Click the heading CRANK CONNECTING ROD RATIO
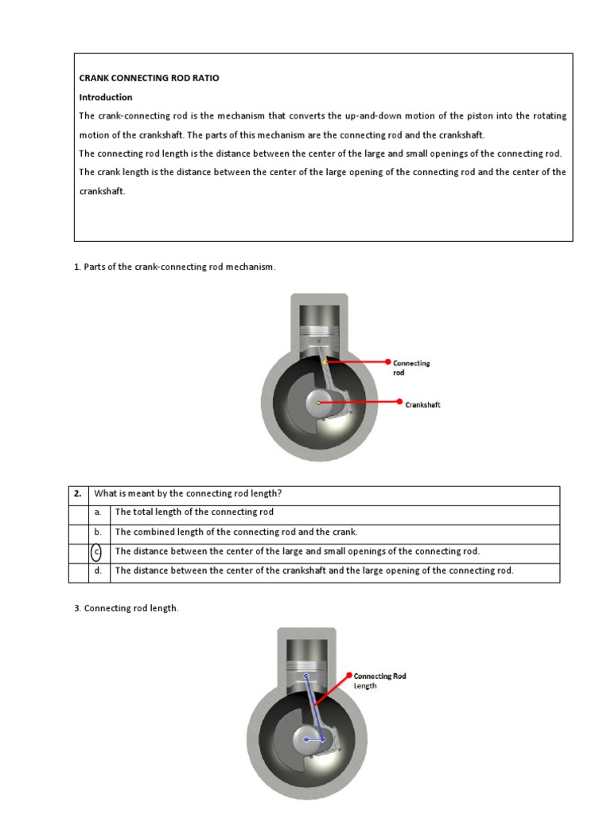pos(149,78)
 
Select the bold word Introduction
pos(106,97)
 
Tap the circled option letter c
pos(97,552)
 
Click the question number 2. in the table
pos(78,494)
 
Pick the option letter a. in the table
pos(97,513)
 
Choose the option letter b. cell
pos(97,532)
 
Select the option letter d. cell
pos(97,571)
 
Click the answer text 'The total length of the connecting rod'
pos(194,513)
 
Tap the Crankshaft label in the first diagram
pos(422,405)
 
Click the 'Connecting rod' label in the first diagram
pos(411,368)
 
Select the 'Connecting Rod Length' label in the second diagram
pos(379,680)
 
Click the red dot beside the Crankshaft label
pos(399,403)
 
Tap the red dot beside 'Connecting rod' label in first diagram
pos(388,361)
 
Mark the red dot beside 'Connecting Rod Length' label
pos(349,675)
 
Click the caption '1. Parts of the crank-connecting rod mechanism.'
pos(174,267)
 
